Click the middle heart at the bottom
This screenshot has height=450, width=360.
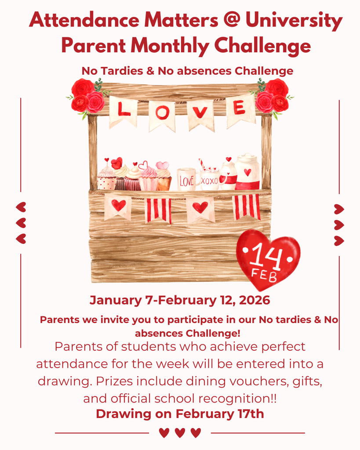180,433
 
